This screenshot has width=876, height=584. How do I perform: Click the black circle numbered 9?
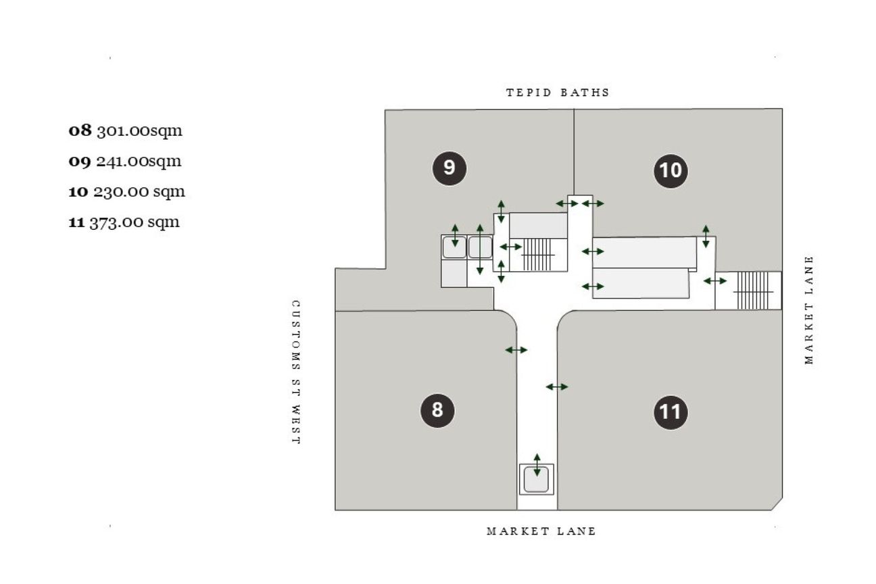(449, 168)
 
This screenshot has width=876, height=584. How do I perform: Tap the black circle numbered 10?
(671, 171)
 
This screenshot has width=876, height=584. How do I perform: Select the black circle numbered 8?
(437, 410)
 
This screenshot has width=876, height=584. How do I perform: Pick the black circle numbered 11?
(671, 412)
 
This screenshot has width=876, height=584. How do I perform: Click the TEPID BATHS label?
(558, 93)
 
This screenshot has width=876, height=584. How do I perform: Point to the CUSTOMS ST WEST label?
(296, 372)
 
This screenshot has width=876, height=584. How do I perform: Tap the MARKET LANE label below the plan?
(541, 531)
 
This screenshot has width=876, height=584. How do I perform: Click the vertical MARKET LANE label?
(808, 310)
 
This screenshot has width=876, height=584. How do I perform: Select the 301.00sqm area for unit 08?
(140, 131)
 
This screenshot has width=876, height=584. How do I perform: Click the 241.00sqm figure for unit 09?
(139, 161)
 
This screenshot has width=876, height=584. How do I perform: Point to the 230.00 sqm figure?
(139, 192)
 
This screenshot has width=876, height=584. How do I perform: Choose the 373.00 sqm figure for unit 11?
(135, 222)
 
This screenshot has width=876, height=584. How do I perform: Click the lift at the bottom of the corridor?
(536, 479)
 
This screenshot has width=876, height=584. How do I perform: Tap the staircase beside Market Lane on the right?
(752, 291)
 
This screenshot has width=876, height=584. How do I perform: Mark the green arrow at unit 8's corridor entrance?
(516, 349)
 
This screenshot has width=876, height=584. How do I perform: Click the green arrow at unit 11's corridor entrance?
(557, 387)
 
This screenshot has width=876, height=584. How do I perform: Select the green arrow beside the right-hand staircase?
(715, 281)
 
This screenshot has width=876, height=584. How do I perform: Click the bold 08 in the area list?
(80, 130)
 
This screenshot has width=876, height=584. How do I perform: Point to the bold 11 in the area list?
(76, 222)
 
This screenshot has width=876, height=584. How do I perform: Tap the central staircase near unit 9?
(538, 255)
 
